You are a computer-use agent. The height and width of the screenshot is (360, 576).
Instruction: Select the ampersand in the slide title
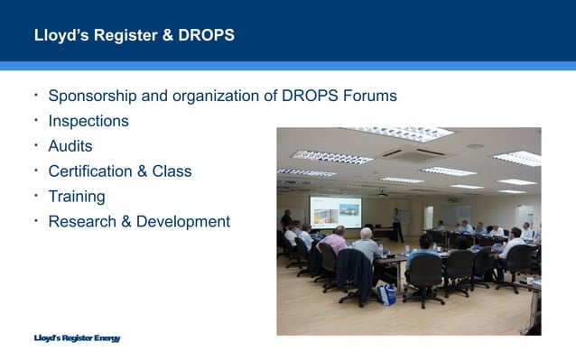coord(163,36)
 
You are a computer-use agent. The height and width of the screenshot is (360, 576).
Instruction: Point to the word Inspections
coord(88,121)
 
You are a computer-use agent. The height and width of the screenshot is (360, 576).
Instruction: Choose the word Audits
coord(70,146)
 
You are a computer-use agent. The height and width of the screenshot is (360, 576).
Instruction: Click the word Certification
coord(94,171)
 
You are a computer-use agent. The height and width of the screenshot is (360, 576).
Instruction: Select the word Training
coord(77,196)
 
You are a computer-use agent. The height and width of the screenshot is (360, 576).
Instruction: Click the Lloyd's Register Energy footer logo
coord(76,338)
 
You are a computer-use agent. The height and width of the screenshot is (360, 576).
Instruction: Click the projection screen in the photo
coord(335,211)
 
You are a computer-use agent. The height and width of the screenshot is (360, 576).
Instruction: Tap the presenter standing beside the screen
coord(395,221)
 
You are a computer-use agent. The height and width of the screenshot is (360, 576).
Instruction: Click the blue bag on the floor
coord(386,294)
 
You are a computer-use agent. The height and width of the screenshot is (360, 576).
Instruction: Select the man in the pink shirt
coord(332,242)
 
